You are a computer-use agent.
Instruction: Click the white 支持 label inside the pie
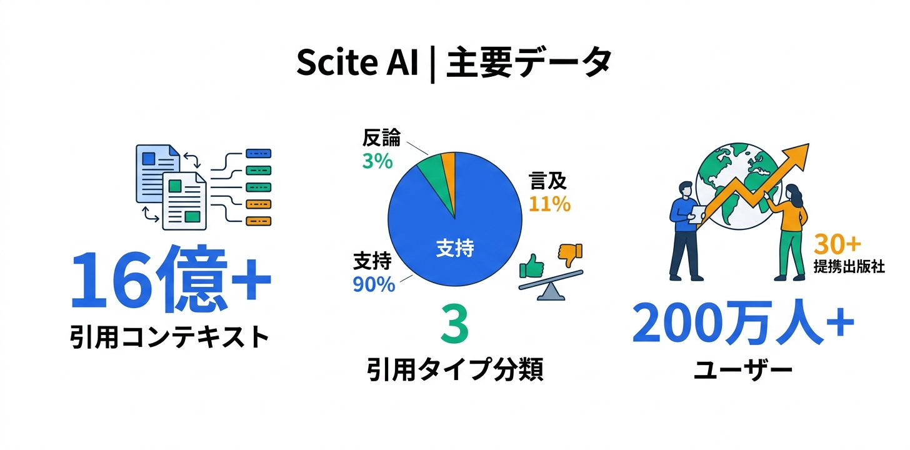pos(454,249)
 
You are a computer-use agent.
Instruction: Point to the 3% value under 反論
pos(377,161)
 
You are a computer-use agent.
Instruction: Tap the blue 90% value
pos(374,284)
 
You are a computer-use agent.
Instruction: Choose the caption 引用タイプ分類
pos(454,371)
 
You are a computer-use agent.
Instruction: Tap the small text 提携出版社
pos(849,266)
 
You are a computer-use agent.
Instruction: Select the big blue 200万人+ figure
pos(742,324)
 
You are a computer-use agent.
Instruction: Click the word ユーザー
pos(743,371)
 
